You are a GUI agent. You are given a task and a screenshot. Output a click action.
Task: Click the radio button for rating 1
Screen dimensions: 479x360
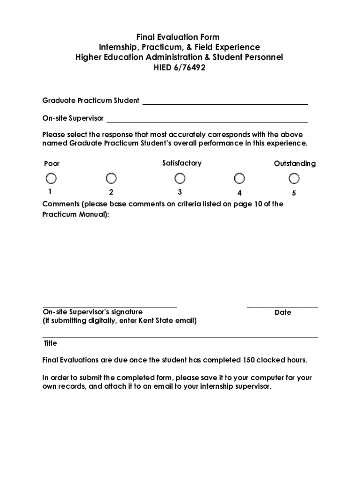[x=51, y=179]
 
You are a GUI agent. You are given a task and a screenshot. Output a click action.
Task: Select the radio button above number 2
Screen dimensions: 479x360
[x=111, y=179]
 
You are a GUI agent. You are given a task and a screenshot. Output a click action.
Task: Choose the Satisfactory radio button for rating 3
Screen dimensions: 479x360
[x=180, y=179]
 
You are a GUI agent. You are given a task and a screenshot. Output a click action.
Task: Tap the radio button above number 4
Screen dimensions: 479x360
[x=239, y=179]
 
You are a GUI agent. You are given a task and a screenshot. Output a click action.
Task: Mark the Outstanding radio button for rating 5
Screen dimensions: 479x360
[x=294, y=179]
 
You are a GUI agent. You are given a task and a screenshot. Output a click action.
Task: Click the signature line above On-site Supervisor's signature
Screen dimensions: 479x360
[x=110, y=306]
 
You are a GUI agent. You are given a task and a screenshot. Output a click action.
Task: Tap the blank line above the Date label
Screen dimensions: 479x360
[x=282, y=306]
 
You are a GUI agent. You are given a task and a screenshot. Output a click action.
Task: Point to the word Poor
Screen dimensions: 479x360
[x=52, y=164]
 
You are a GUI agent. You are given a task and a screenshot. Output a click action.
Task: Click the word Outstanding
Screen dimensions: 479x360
[x=295, y=164]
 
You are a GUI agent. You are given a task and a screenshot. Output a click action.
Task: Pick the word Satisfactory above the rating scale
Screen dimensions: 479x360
[x=182, y=163]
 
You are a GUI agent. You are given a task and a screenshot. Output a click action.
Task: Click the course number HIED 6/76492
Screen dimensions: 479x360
[x=180, y=68]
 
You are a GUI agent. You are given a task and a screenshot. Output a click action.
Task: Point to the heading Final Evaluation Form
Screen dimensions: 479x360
[x=178, y=37]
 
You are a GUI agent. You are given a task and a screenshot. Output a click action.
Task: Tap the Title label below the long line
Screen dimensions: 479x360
[x=50, y=343]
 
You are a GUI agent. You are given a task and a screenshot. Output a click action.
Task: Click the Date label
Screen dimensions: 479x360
[x=283, y=312]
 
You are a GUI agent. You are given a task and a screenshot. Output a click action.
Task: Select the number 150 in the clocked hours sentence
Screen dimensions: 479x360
[x=248, y=360]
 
